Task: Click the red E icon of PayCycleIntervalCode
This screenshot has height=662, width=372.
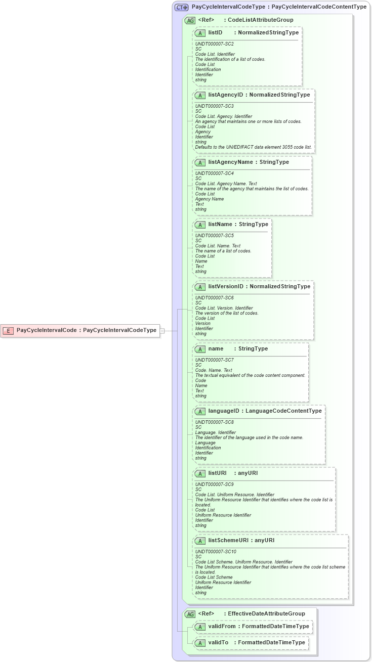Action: tap(8, 331)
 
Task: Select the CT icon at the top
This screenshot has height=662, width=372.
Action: tap(181, 8)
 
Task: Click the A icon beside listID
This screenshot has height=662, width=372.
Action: tap(200, 33)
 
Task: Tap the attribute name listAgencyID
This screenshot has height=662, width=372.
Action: tap(226, 95)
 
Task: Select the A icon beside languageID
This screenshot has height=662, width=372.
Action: tap(200, 411)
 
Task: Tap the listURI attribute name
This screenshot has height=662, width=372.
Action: tap(217, 473)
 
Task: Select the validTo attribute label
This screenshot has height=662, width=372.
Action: tap(219, 643)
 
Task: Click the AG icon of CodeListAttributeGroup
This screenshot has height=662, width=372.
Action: tap(190, 20)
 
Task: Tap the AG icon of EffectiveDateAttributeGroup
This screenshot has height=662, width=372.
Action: tap(190, 614)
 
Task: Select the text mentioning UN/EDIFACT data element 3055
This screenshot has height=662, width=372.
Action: tap(254, 147)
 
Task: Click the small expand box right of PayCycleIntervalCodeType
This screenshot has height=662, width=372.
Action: tap(162, 331)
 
